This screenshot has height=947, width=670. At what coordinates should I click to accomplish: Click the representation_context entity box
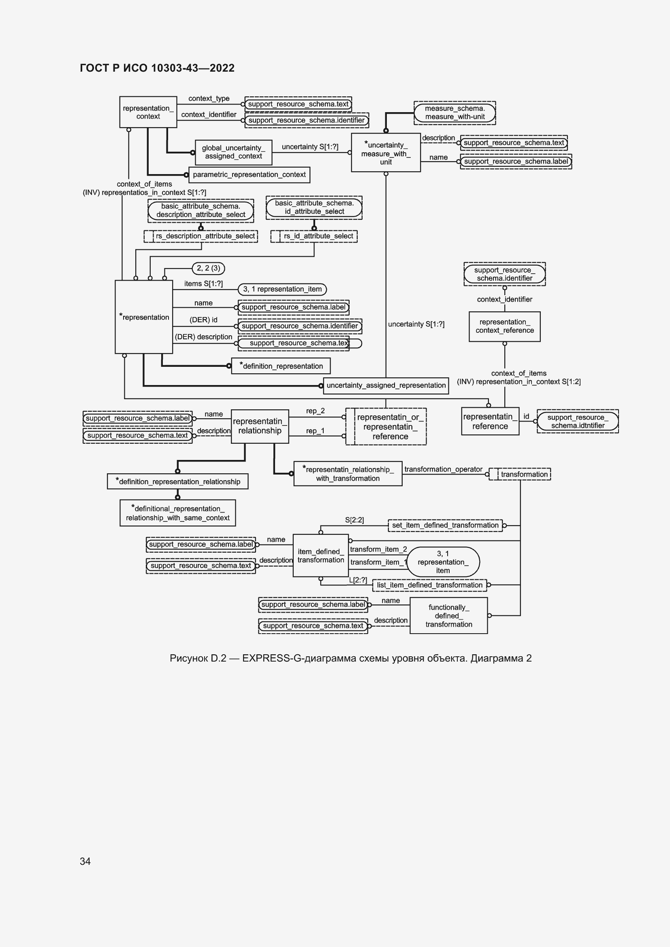point(148,112)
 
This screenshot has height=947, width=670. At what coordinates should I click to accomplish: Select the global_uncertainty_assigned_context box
point(233,152)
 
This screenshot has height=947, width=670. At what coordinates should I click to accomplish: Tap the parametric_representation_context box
point(249,175)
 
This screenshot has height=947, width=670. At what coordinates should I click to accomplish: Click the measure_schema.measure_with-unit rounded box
point(454,113)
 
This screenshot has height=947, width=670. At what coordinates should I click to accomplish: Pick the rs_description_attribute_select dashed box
point(201,236)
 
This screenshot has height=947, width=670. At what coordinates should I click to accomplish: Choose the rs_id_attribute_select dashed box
point(314,236)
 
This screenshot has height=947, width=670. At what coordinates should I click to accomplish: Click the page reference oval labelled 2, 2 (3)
point(208,268)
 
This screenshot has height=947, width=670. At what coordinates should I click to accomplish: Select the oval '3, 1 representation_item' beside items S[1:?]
point(282,289)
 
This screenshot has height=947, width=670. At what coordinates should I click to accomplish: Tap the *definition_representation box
point(281,366)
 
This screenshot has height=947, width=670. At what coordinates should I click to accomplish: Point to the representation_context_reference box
point(505,326)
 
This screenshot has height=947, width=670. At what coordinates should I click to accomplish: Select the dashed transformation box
point(520,475)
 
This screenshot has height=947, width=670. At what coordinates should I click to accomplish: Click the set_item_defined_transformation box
point(445,526)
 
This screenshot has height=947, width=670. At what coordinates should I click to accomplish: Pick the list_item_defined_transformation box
point(429,585)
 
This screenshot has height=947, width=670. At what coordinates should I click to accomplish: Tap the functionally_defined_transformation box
point(449,616)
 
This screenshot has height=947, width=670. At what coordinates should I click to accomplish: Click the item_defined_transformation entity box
point(321,555)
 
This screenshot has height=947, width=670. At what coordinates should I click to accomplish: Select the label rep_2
point(315,411)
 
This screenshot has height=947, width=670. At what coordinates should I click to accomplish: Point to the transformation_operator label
point(443,469)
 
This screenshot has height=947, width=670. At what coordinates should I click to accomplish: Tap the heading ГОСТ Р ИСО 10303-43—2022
point(157,68)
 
